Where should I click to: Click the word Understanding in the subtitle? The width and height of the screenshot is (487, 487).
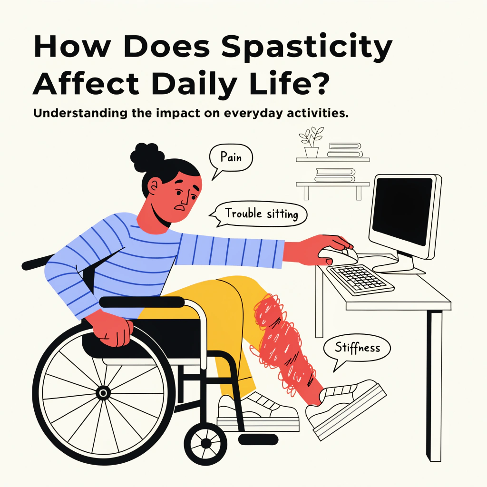click(x=80, y=113)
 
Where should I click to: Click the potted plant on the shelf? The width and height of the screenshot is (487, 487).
click(x=311, y=142)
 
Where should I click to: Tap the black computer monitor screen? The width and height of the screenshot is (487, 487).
click(x=402, y=211)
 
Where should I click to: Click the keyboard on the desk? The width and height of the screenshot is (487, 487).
click(x=360, y=279)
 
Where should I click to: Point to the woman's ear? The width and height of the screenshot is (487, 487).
click(x=153, y=187)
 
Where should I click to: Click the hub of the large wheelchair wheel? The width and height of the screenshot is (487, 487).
click(x=103, y=393)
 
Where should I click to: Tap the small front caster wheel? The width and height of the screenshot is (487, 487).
click(x=206, y=443)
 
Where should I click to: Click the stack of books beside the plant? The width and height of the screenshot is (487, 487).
click(x=345, y=150)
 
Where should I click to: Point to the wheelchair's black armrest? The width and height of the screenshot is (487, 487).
click(x=142, y=302)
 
